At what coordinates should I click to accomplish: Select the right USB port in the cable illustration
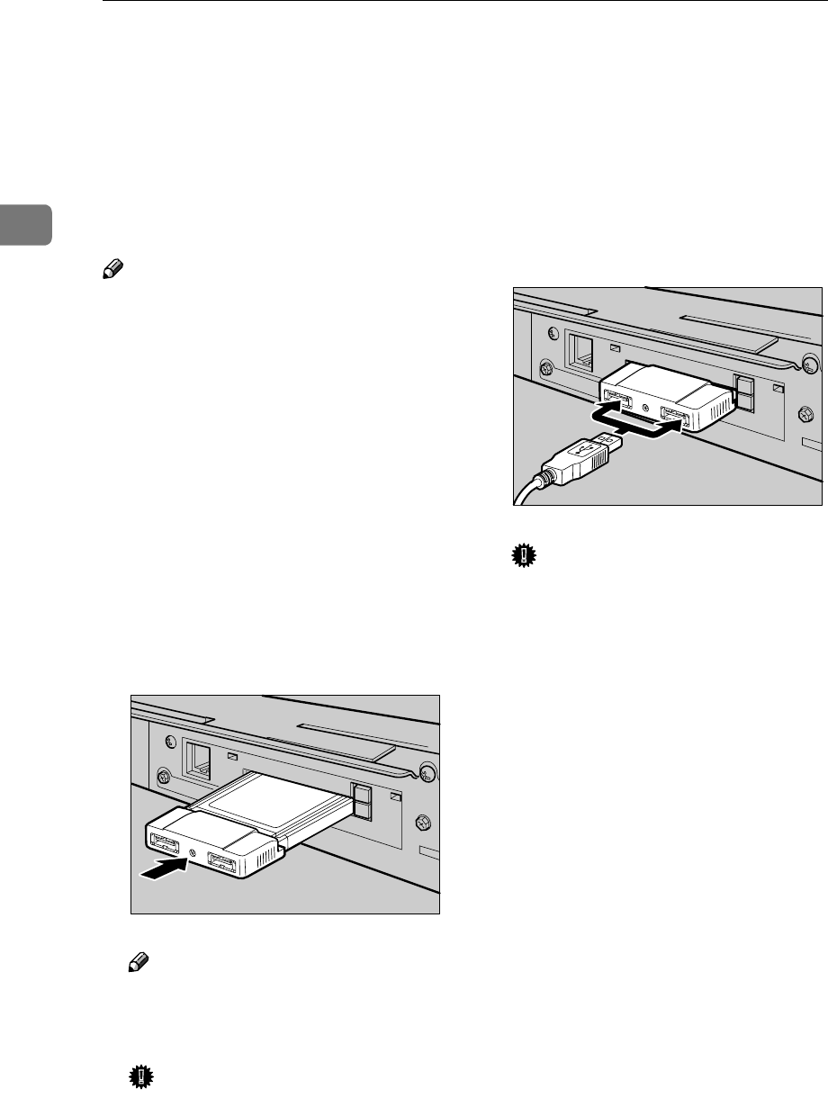[x=675, y=414]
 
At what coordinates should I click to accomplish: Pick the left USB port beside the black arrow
[x=162, y=844]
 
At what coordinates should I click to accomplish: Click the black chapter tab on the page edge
[x=25, y=224]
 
